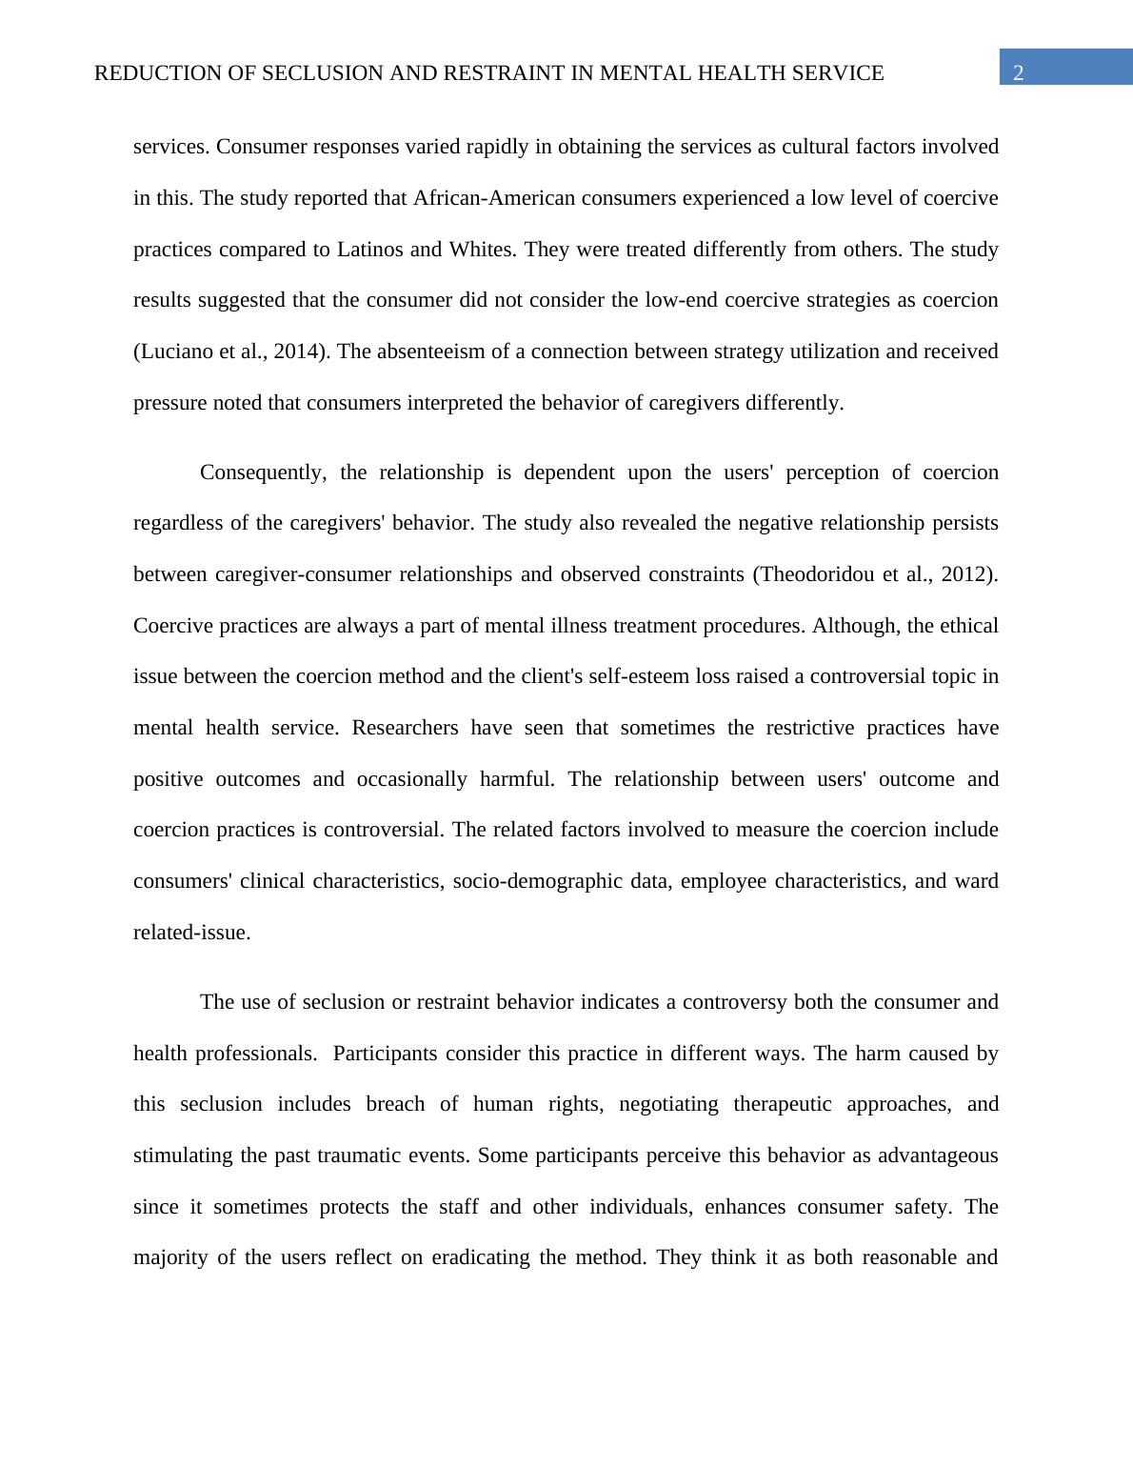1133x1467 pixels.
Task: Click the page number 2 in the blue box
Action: pos(1019,73)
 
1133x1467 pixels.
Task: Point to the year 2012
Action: pos(966,574)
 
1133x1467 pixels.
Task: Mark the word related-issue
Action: pos(191,933)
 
